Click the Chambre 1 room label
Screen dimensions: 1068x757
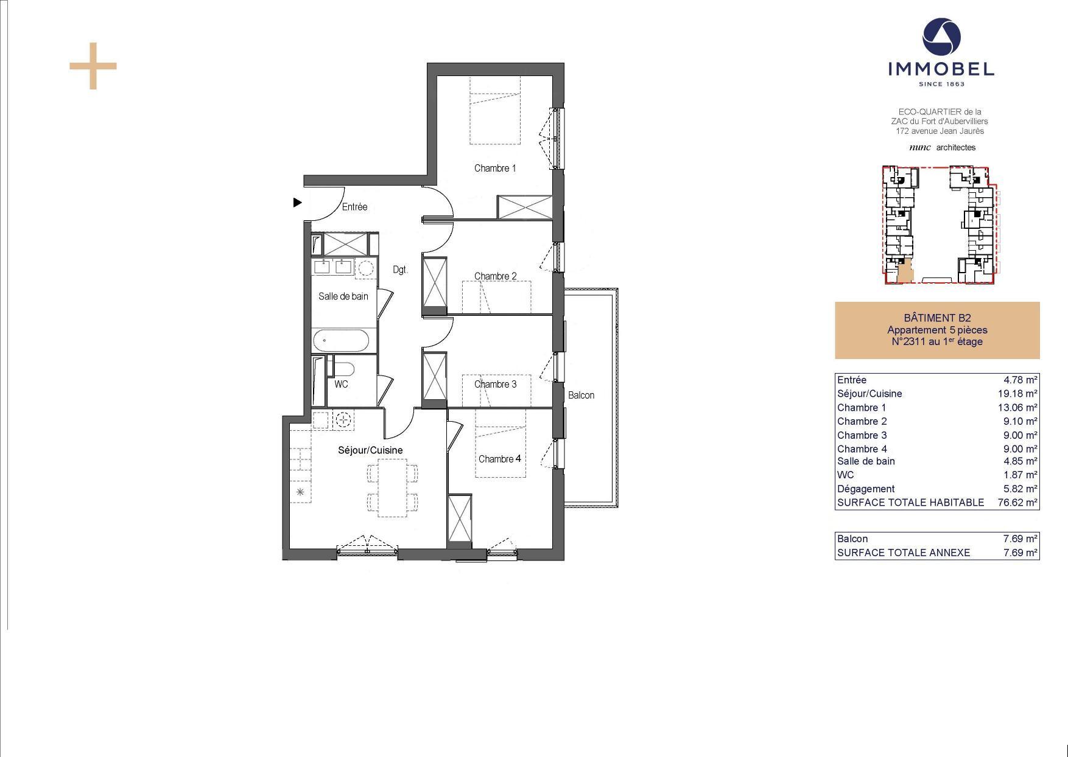tap(495, 168)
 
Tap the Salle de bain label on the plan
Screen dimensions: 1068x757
tap(343, 296)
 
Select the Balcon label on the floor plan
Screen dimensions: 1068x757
tap(581, 395)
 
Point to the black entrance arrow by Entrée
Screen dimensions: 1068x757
tap(297, 202)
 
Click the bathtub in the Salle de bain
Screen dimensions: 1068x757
tap(341, 341)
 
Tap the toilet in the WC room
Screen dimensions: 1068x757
tap(343, 369)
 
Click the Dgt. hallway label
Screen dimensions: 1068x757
tap(399, 270)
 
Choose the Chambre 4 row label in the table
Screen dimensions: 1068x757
tap(862, 449)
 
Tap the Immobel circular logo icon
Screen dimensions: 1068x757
tap(941, 37)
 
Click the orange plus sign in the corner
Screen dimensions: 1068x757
tap(93, 66)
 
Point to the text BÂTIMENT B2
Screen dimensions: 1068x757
tap(937, 318)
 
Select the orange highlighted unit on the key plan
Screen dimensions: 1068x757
tap(905, 271)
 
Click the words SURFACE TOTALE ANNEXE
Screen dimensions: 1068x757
tap(904, 553)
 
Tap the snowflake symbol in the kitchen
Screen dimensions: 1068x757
tap(300, 492)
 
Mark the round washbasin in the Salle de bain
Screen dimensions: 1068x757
tap(365, 268)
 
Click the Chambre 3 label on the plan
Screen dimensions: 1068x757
tap(495, 384)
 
